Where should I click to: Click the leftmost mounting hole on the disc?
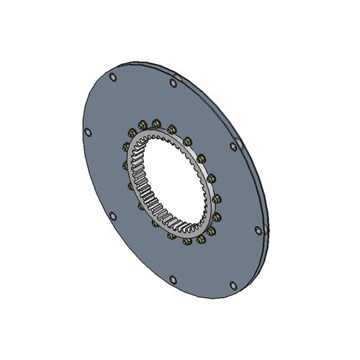88,132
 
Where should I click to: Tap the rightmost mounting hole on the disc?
257,230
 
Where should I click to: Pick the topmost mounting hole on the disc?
113,77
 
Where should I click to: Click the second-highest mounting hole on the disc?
172,84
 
